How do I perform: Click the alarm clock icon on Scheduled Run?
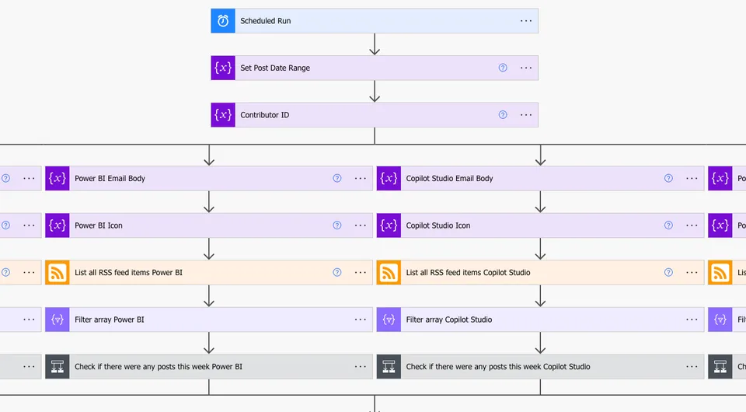pyautogui.click(x=223, y=21)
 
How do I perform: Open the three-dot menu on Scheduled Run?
pyautogui.click(x=526, y=21)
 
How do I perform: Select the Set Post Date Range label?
pyautogui.click(x=275, y=68)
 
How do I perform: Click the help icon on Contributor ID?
pyautogui.click(x=503, y=115)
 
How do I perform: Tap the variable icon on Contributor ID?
pyautogui.click(x=223, y=115)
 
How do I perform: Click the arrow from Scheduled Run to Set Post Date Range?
pyautogui.click(x=375, y=44)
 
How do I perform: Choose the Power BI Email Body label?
pyautogui.click(x=110, y=179)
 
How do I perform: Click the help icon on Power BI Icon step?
pyautogui.click(x=336, y=225)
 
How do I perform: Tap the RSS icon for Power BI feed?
pyautogui.click(x=57, y=273)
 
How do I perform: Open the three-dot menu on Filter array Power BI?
pyautogui.click(x=360, y=319)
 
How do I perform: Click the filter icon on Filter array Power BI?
pyautogui.click(x=57, y=319)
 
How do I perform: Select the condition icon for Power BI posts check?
pyautogui.click(x=57, y=367)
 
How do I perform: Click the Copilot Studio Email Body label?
pyautogui.click(x=449, y=179)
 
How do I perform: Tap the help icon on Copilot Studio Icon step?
pyautogui.click(x=668, y=225)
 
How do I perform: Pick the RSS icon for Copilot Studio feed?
pyautogui.click(x=389, y=273)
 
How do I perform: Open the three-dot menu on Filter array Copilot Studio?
pyautogui.click(x=692, y=319)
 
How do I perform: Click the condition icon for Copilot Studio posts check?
pyautogui.click(x=389, y=367)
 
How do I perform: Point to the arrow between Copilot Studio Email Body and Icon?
pyautogui.click(x=540, y=201)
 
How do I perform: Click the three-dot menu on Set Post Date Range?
pyautogui.click(x=526, y=68)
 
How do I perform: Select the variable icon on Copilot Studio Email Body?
pyautogui.click(x=389, y=179)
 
